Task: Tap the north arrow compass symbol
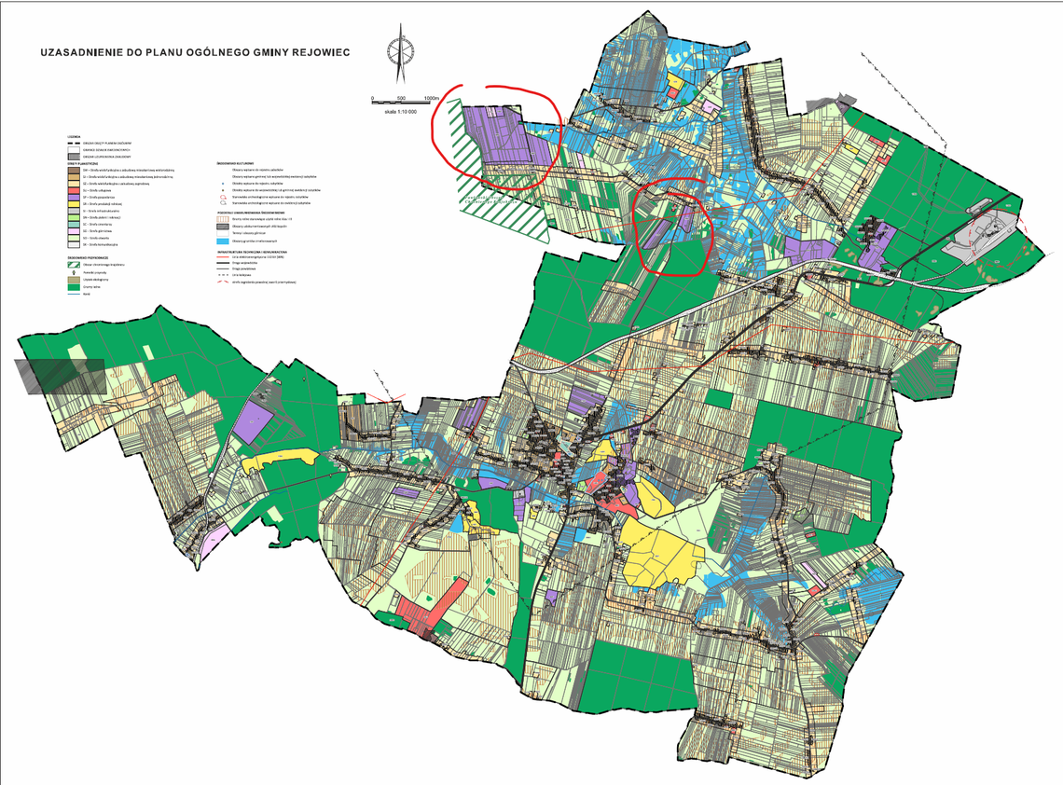point(401,56)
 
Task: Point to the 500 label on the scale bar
point(400,98)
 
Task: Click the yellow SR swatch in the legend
point(72,205)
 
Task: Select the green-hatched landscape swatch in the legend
point(72,265)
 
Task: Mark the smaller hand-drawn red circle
point(673,227)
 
